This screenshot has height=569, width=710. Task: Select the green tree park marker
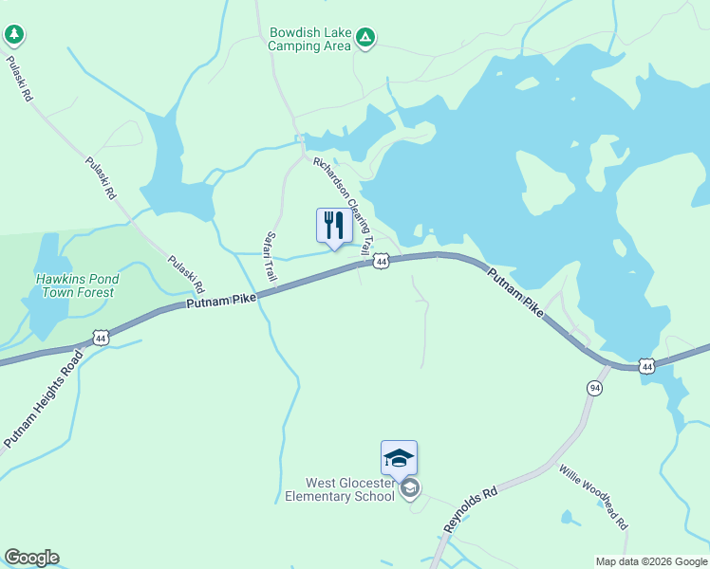[13, 35]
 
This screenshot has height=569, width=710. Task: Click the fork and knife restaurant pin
[333, 227]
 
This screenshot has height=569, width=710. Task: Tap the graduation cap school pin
[399, 459]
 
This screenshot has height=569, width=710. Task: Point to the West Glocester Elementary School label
[340, 489]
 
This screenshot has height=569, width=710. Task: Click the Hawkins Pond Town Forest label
[76, 285]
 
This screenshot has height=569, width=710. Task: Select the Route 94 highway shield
[594, 387]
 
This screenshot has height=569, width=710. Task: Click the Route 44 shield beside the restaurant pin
[381, 261]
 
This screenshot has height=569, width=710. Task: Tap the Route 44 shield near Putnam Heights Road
[101, 338]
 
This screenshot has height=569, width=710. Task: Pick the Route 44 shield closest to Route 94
[646, 365]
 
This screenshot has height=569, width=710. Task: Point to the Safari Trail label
[271, 257]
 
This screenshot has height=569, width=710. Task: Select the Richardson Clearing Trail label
[344, 203]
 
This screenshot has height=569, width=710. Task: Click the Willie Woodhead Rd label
[593, 497]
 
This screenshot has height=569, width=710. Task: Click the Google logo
[31, 558]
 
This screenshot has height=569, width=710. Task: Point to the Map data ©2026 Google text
[650, 561]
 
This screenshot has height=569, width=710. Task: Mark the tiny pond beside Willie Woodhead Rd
[569, 518]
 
